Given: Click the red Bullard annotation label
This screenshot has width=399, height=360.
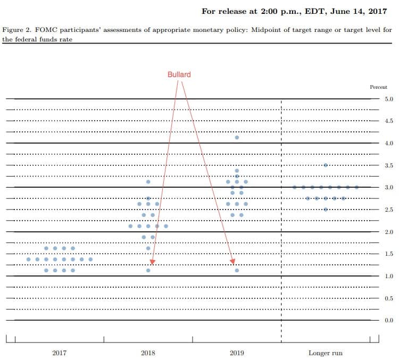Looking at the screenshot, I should (x=179, y=74).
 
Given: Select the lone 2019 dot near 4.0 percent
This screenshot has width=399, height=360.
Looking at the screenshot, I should (x=237, y=137).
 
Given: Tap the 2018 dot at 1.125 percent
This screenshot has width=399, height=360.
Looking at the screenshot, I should (x=148, y=270).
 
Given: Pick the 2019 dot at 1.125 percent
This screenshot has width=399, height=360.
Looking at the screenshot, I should (x=237, y=270).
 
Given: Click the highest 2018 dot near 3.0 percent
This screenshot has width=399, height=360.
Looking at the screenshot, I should (x=148, y=182).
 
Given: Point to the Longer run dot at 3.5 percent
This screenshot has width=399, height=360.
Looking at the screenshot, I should (x=326, y=165).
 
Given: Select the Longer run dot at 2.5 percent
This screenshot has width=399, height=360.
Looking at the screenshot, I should (x=326, y=209).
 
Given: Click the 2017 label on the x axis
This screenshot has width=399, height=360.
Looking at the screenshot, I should (x=59, y=353).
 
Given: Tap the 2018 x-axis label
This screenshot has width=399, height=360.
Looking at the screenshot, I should (x=148, y=353).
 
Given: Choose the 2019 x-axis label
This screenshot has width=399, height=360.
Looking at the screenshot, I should (x=237, y=353).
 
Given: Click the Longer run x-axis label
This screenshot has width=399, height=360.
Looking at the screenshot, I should (x=326, y=353).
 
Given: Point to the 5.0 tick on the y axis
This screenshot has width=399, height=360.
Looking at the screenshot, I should (x=389, y=99).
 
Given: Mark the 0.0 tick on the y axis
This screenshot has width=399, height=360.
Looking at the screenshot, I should (x=389, y=320).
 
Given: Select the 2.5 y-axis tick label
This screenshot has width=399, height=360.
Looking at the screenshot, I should (x=389, y=210).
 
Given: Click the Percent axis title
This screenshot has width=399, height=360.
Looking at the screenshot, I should (x=378, y=87).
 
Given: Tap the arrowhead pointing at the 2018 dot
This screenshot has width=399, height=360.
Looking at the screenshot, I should (x=153, y=262).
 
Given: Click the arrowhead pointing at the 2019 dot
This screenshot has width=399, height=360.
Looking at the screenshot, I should (x=233, y=262).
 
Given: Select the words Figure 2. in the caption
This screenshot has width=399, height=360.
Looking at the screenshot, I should (x=16, y=30).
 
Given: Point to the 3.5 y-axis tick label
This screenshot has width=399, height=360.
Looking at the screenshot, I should (x=389, y=166).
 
